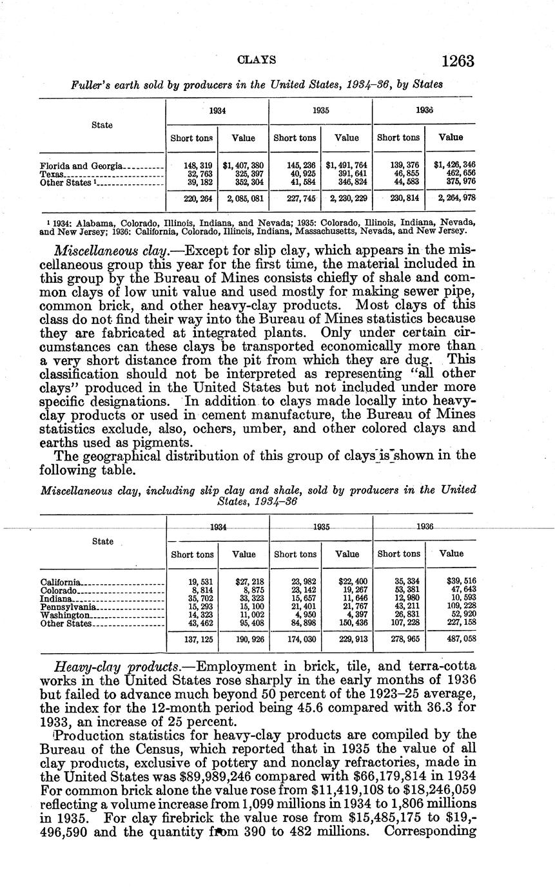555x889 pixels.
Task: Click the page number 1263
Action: [x=458, y=61]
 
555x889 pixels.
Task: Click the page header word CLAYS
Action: [x=257, y=60]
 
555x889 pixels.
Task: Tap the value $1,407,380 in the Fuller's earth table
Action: [x=243, y=166]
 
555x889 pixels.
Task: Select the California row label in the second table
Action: [x=61, y=582]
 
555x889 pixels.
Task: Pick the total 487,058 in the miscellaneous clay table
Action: [x=461, y=640]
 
